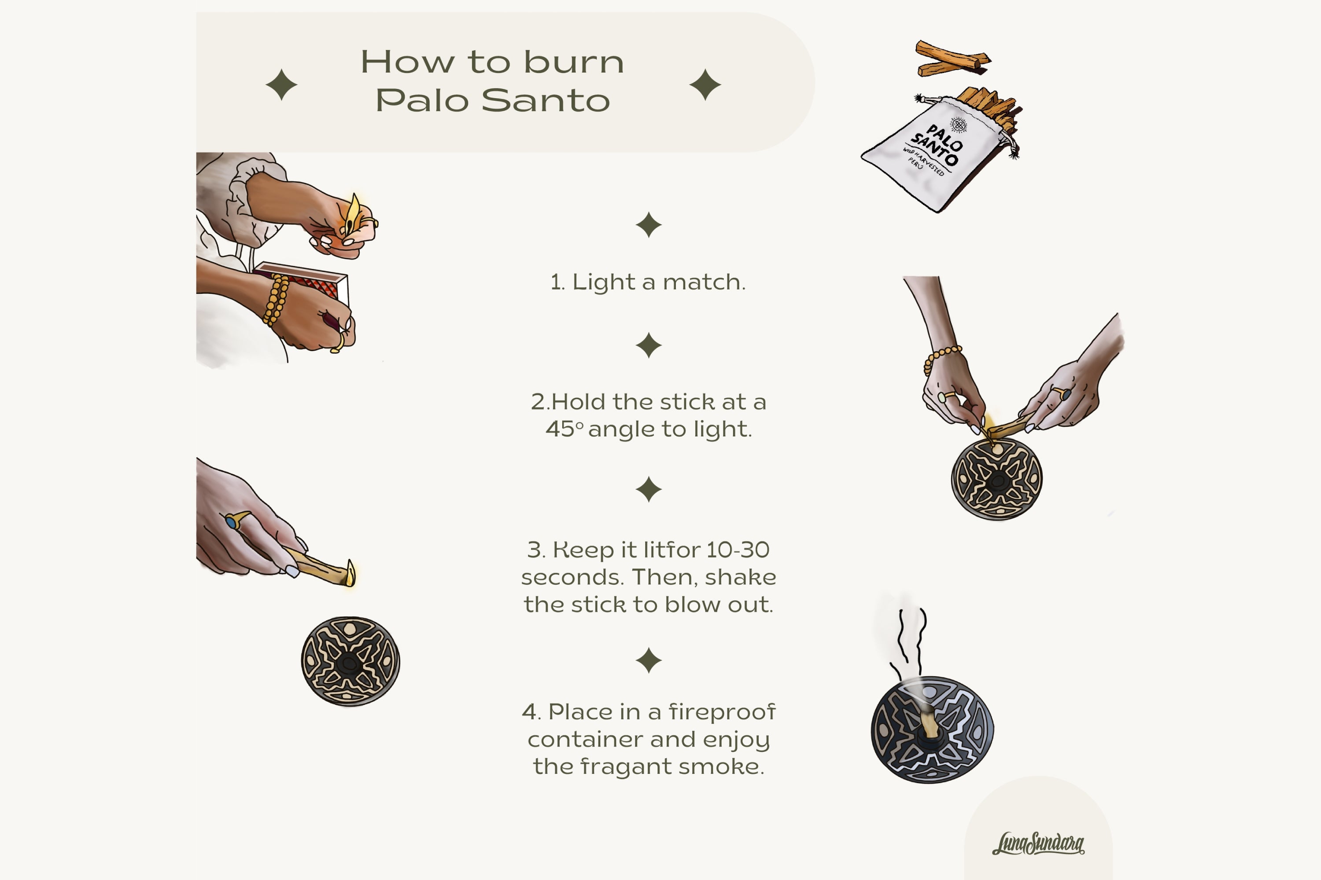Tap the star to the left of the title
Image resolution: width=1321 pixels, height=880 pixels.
281,85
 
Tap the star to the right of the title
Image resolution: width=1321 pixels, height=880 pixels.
705,85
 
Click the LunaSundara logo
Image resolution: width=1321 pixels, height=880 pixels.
1038,843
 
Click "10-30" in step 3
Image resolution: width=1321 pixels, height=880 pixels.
738,550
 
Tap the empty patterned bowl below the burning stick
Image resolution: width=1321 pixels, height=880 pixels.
351,661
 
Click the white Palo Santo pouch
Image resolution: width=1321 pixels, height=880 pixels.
935,154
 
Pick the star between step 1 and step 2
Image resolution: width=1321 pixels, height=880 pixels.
649,345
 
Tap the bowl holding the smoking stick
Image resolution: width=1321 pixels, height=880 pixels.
932,730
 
